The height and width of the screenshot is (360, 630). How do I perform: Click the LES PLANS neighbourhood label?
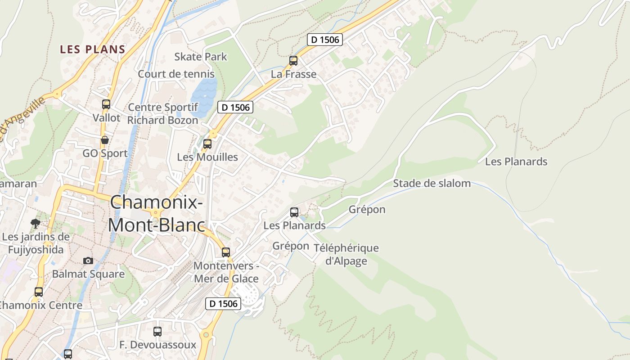92,49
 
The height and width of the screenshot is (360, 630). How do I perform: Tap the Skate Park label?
201,57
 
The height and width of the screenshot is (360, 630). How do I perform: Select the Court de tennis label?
176,74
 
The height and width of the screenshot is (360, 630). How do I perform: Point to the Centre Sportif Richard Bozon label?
163,114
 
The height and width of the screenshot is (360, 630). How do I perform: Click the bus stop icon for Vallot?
106,104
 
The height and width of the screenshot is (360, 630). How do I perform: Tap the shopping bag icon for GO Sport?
105,140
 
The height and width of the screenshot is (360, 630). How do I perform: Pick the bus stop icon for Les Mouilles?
207,144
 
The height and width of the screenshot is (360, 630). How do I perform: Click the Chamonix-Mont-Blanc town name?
156,213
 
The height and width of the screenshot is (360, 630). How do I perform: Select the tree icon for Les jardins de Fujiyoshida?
35,223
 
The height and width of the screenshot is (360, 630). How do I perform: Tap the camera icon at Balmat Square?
88,261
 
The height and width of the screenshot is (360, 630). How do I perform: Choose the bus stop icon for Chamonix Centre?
39,292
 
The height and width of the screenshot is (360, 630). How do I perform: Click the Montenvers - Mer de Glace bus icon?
226,252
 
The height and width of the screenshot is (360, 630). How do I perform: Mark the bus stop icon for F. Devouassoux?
157,332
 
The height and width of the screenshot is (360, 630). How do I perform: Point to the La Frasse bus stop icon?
293,61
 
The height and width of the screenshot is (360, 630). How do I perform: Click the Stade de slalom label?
432,183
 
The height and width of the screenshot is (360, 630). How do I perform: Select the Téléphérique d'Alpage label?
346,254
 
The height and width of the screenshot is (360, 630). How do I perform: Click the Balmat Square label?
88,274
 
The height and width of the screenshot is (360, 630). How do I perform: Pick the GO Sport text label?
105,153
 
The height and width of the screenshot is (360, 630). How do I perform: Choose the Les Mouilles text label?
207,157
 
